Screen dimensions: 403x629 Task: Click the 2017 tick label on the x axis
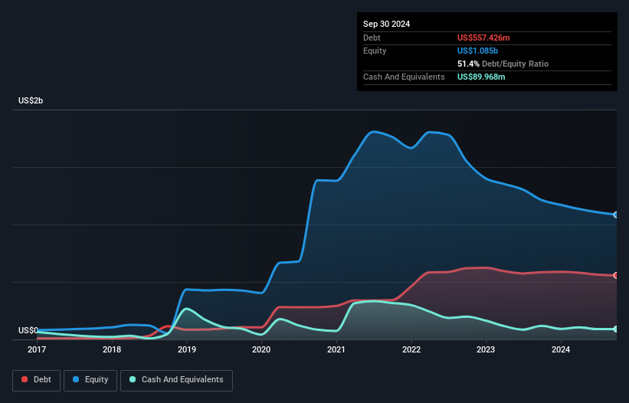[37, 350]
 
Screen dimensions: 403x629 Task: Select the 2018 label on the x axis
[112, 350]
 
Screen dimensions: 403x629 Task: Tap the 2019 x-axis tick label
[187, 350]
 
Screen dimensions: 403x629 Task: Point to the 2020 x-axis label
[261, 350]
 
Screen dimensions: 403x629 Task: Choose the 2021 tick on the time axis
[336, 350]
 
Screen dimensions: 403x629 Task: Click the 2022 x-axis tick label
[411, 350]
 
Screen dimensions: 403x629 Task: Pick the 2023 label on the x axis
[486, 350]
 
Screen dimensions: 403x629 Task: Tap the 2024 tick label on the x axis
[561, 350]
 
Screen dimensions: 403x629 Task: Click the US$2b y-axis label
[31, 101]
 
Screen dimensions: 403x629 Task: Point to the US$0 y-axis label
[28, 331]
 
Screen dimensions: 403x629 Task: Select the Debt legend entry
[35, 380]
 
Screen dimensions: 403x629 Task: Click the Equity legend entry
[90, 380]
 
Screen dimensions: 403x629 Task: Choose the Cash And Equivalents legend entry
[176, 380]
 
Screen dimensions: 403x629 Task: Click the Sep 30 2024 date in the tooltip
[386, 24]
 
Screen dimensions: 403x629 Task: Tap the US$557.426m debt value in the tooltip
[483, 38]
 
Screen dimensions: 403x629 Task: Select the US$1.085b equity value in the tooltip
[476, 51]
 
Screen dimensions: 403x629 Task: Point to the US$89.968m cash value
[481, 77]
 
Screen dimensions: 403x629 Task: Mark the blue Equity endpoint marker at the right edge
[616, 215]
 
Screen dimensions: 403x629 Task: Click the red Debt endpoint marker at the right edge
[616, 275]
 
